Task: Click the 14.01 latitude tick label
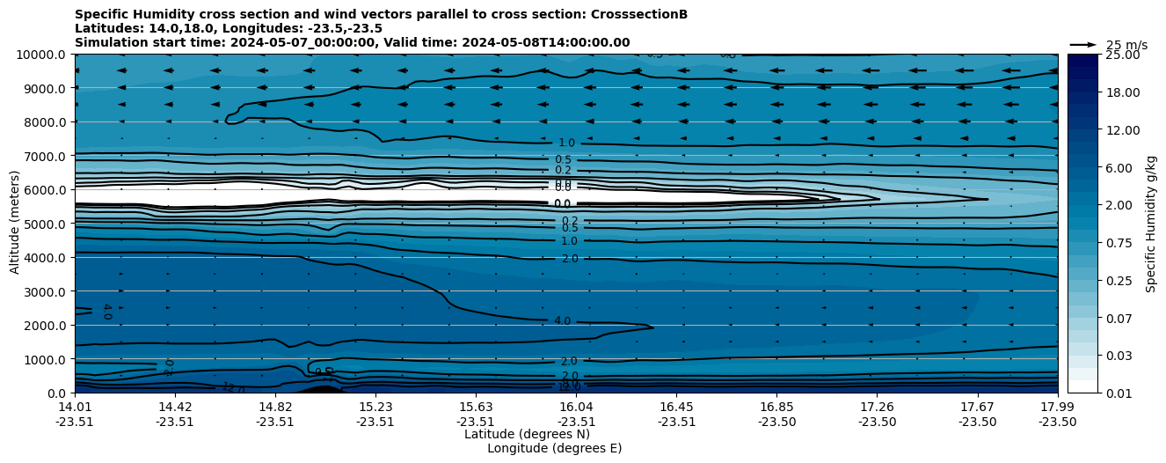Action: pyautogui.click(x=75, y=407)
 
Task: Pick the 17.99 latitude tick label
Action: pyautogui.click(x=1057, y=407)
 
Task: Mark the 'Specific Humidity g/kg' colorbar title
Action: pyautogui.click(x=1151, y=224)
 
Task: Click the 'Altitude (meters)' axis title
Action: pyautogui.click(x=15, y=224)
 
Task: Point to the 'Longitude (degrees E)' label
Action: pyautogui.click(x=554, y=448)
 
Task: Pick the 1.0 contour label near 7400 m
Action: pyautogui.click(x=566, y=143)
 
